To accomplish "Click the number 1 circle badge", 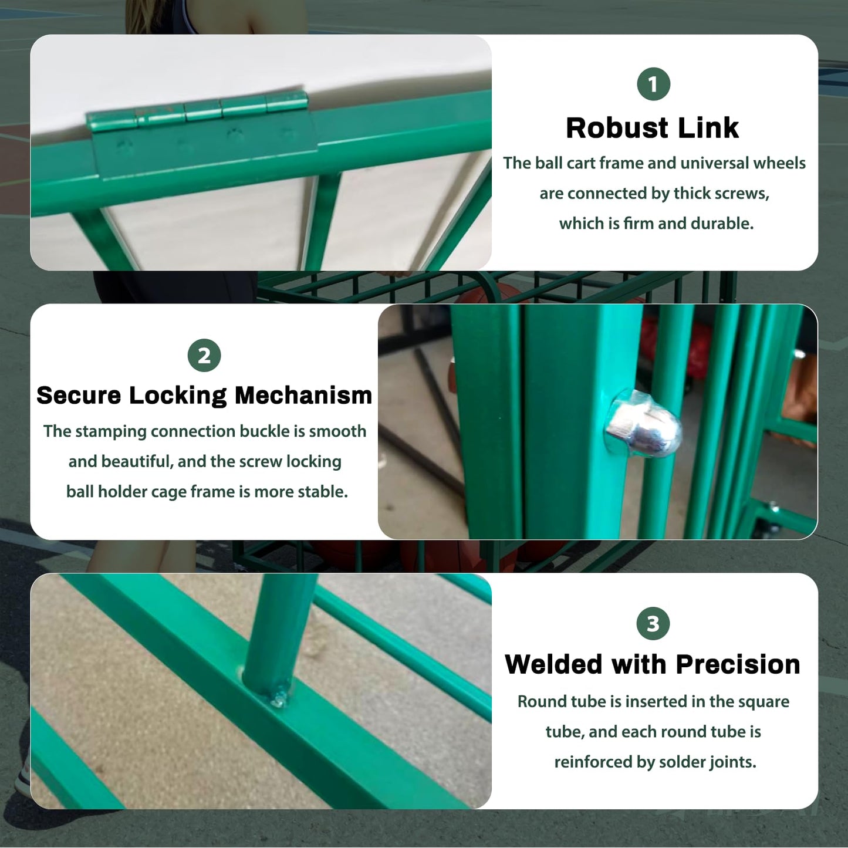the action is [653, 84].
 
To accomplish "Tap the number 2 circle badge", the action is [204, 355].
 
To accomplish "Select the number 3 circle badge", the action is [653, 623].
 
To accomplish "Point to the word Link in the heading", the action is [708, 128].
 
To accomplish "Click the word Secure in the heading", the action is [78, 395].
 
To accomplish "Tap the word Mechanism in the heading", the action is [303, 395].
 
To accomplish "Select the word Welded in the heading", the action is [553, 664].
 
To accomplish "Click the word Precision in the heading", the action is [738, 664].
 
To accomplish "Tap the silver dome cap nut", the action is [643, 424].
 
